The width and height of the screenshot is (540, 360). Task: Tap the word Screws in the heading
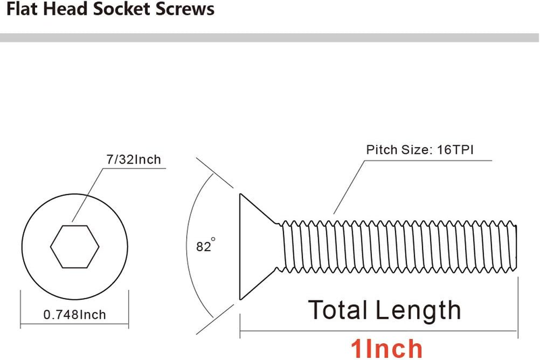click(185, 9)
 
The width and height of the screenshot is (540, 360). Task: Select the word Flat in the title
click(23, 9)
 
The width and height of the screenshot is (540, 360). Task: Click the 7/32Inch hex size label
click(134, 159)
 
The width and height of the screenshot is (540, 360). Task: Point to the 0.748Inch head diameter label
click(75, 315)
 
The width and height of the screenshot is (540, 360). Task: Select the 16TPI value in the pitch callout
click(455, 150)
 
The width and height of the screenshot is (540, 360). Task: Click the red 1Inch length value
click(386, 349)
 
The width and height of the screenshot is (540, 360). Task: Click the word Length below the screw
click(418, 311)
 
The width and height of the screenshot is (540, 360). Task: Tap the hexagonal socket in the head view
click(75, 247)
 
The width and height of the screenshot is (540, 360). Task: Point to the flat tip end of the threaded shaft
click(516, 247)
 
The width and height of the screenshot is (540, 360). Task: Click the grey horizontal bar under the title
click(269, 38)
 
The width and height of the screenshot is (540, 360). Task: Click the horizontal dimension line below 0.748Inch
click(74, 324)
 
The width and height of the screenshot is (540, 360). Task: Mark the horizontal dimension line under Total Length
click(379, 331)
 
